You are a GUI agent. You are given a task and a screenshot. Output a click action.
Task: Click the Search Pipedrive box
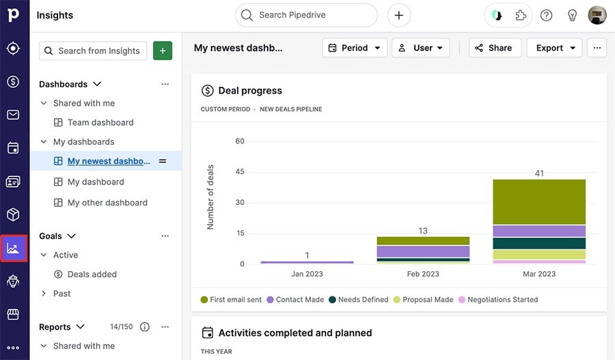pyautogui.click(x=306, y=15)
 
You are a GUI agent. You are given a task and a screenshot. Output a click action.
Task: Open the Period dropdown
pyautogui.click(x=355, y=48)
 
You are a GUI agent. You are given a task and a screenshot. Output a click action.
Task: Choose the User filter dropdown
pyautogui.click(x=420, y=48)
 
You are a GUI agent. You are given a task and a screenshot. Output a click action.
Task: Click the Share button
pyautogui.click(x=495, y=48)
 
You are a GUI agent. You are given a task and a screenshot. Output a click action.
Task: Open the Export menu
pyautogui.click(x=554, y=48)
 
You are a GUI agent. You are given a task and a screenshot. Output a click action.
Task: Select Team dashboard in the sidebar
pyautogui.click(x=100, y=122)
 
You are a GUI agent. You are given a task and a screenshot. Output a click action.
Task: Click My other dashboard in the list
pyautogui.click(x=107, y=202)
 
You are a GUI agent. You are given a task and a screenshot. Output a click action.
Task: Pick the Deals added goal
pyautogui.click(x=92, y=274)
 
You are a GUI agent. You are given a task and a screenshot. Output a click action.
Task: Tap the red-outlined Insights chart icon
pyautogui.click(x=13, y=248)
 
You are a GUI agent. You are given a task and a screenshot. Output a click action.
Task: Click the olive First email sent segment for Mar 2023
pyautogui.click(x=538, y=202)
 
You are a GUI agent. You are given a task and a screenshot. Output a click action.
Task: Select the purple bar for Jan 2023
pyautogui.click(x=307, y=262)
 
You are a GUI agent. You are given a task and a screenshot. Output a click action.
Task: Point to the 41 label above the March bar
pyautogui.click(x=539, y=174)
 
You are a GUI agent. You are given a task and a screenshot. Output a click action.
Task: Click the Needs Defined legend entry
pyautogui.click(x=358, y=299)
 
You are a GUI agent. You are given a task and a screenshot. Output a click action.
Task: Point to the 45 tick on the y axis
pyautogui.click(x=239, y=172)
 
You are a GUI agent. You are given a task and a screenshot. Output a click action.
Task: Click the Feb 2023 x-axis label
pyautogui.click(x=423, y=274)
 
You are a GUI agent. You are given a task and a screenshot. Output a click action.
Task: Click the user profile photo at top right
pyautogui.click(x=597, y=15)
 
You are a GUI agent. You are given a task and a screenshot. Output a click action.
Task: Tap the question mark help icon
pyautogui.click(x=546, y=15)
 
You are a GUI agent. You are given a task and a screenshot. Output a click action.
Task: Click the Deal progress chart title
pyautogui.click(x=249, y=90)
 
